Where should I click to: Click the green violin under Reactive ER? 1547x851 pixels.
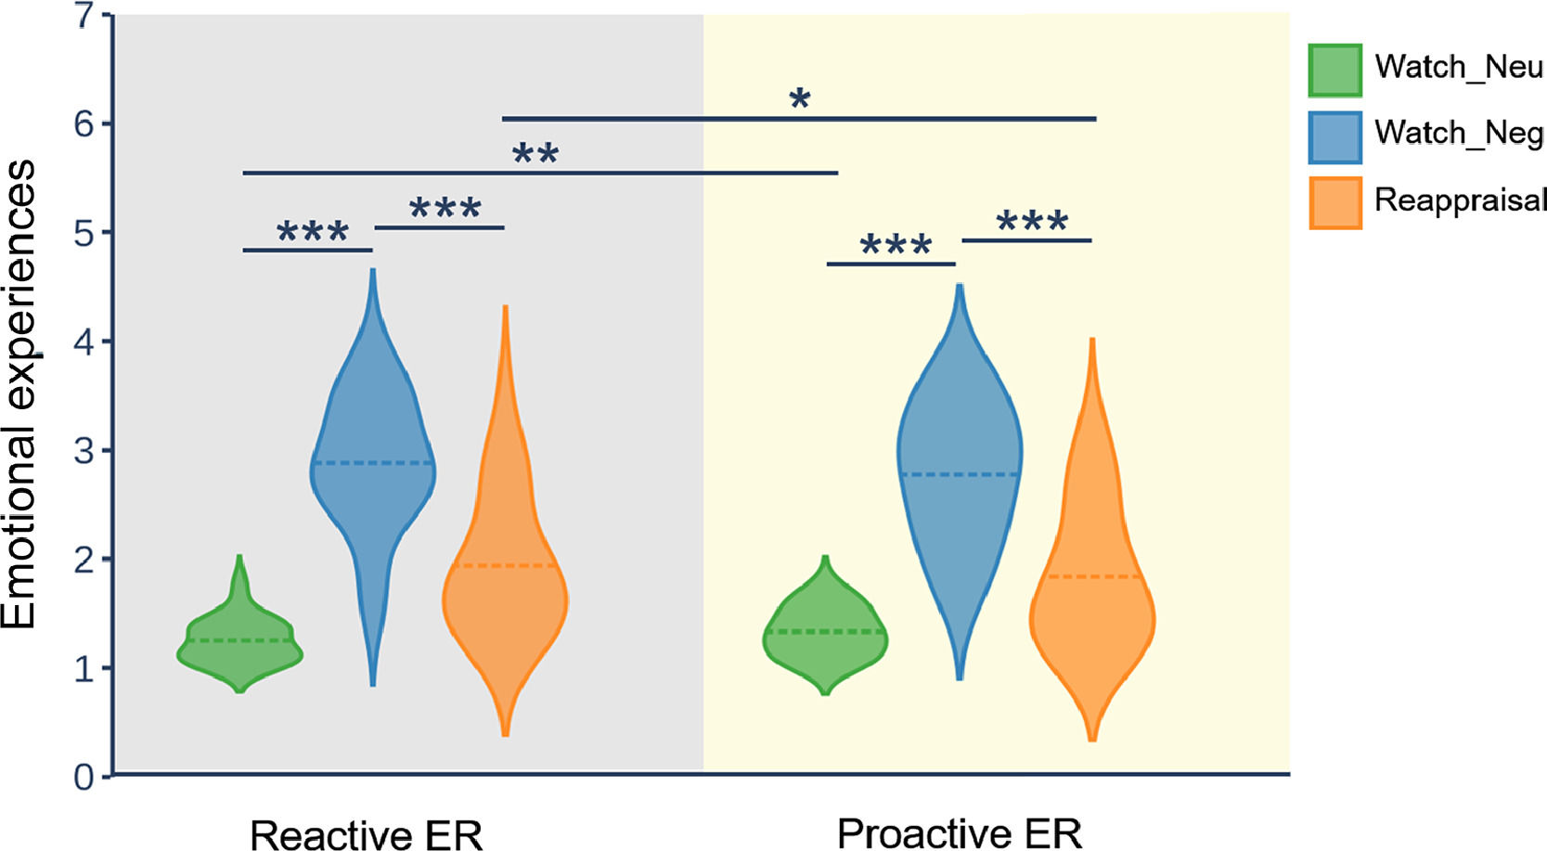pos(239,645)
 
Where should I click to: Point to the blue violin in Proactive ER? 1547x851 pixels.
pos(960,464)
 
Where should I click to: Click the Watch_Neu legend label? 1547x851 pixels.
pos(1458,68)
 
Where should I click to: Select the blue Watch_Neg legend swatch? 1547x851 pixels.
pos(1334,136)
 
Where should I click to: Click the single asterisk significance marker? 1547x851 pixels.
pos(799,99)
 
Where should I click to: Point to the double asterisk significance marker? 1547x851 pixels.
pos(535,154)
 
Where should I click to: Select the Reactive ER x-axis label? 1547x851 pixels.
pos(367,834)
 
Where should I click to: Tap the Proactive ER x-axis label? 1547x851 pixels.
pos(960,833)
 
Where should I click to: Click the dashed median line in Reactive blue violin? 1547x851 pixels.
pos(373,462)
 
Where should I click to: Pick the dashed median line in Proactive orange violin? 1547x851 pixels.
pos(1092,577)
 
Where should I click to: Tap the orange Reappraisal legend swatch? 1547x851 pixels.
pos(1334,202)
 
